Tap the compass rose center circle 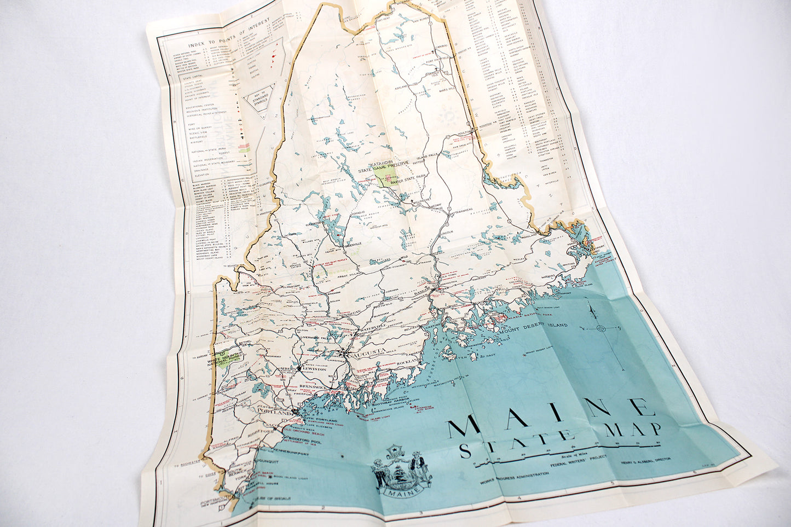pyautogui.click(x=601, y=328)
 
